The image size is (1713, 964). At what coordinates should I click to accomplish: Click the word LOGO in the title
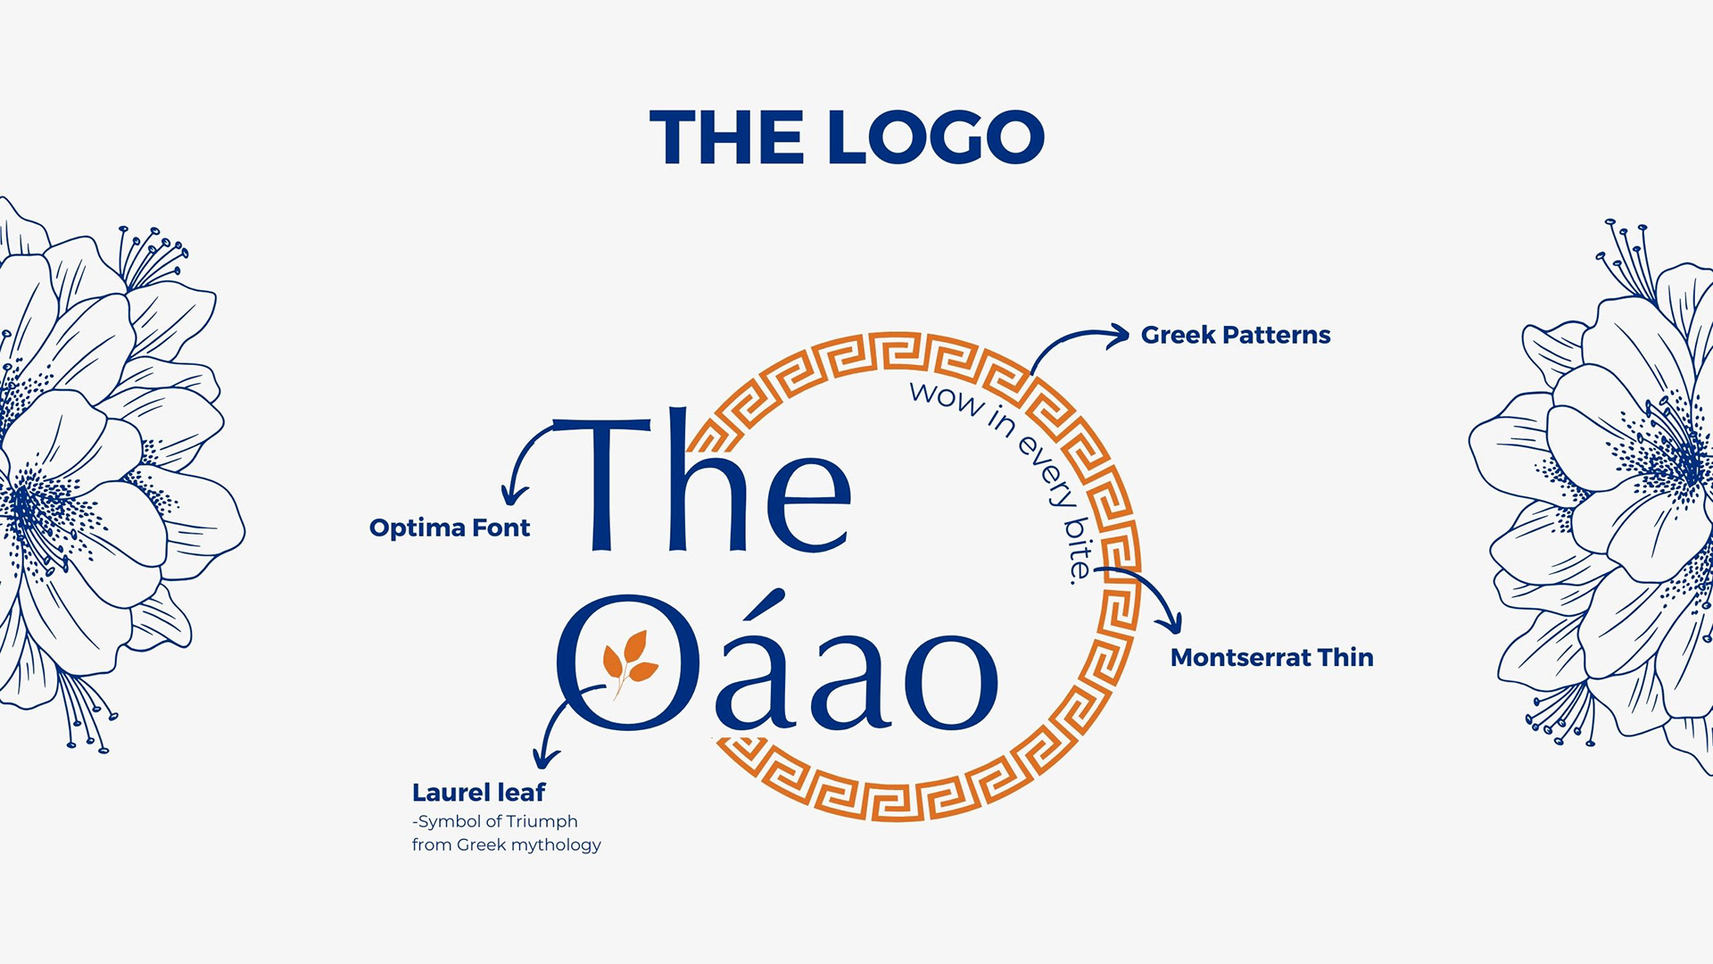(x=936, y=137)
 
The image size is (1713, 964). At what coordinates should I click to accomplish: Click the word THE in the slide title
(x=726, y=137)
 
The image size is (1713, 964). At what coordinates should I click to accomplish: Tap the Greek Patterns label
(x=1236, y=335)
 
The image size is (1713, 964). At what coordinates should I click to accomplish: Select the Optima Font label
(x=450, y=528)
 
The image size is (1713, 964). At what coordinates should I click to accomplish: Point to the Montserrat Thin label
(x=1271, y=658)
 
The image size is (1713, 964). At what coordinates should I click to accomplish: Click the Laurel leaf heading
(x=478, y=792)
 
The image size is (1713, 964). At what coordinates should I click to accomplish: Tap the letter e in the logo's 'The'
(x=807, y=503)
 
